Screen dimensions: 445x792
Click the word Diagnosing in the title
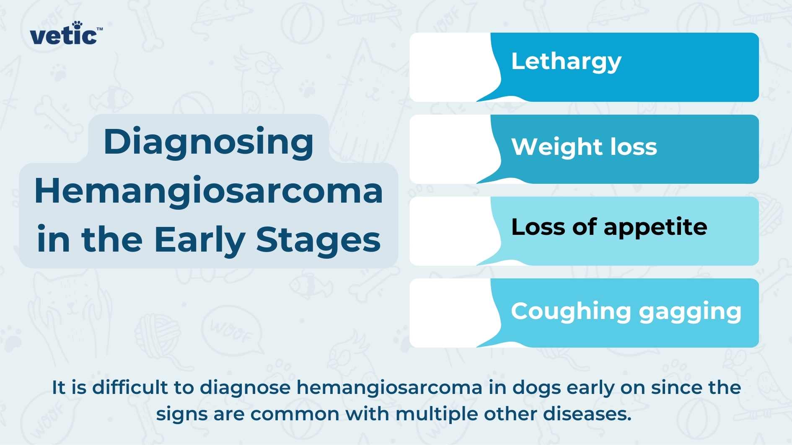tap(208, 142)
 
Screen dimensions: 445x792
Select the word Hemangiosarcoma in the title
tap(208, 191)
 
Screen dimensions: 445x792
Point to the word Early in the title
tap(199, 240)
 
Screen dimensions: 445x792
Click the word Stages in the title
tap(318, 240)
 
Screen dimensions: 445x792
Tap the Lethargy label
tap(566, 62)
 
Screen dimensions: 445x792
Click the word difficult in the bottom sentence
tap(129, 387)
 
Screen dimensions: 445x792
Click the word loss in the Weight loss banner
tap(634, 147)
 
